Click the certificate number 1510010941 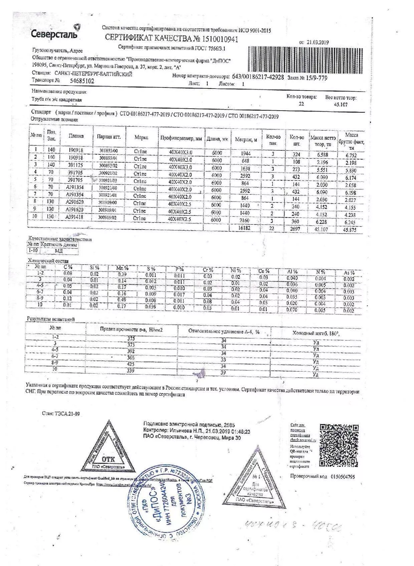click(217, 39)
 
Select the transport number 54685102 click(82, 81)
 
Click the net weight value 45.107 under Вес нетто click(340, 105)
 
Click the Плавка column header click(76, 136)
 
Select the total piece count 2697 click(295, 229)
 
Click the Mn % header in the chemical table click(122, 268)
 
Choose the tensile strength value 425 click(131, 364)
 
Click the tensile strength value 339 click(131, 371)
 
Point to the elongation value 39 click(223, 373)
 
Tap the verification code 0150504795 click(343, 477)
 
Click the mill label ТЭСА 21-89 click(61, 414)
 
